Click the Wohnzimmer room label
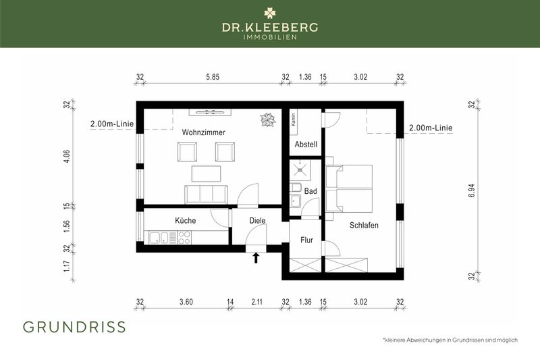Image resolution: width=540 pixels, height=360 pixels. (203, 132)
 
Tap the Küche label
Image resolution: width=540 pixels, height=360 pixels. (186, 221)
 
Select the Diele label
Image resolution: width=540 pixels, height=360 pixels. (257, 220)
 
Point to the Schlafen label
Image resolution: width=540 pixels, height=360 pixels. (364, 226)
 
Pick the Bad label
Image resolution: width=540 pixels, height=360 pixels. (310, 192)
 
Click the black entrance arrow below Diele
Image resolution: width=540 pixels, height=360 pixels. (256, 257)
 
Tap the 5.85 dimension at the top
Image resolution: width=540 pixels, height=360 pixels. (212, 77)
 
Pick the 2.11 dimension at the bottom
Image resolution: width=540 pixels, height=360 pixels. (257, 303)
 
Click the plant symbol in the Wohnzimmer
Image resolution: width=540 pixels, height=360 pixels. (267, 120)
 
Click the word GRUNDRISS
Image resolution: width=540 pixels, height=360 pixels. (74, 328)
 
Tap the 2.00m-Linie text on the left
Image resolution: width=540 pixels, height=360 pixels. (112, 124)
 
